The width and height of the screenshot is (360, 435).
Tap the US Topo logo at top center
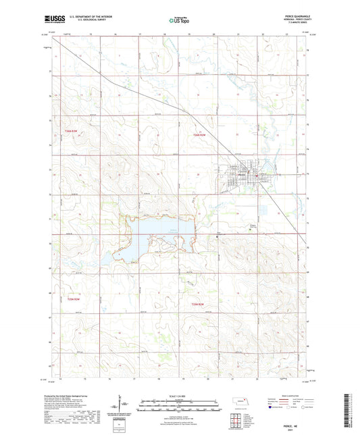(x=175, y=22)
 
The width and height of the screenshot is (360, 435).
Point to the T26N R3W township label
(x=72, y=131)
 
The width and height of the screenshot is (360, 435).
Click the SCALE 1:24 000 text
(x=180, y=395)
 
